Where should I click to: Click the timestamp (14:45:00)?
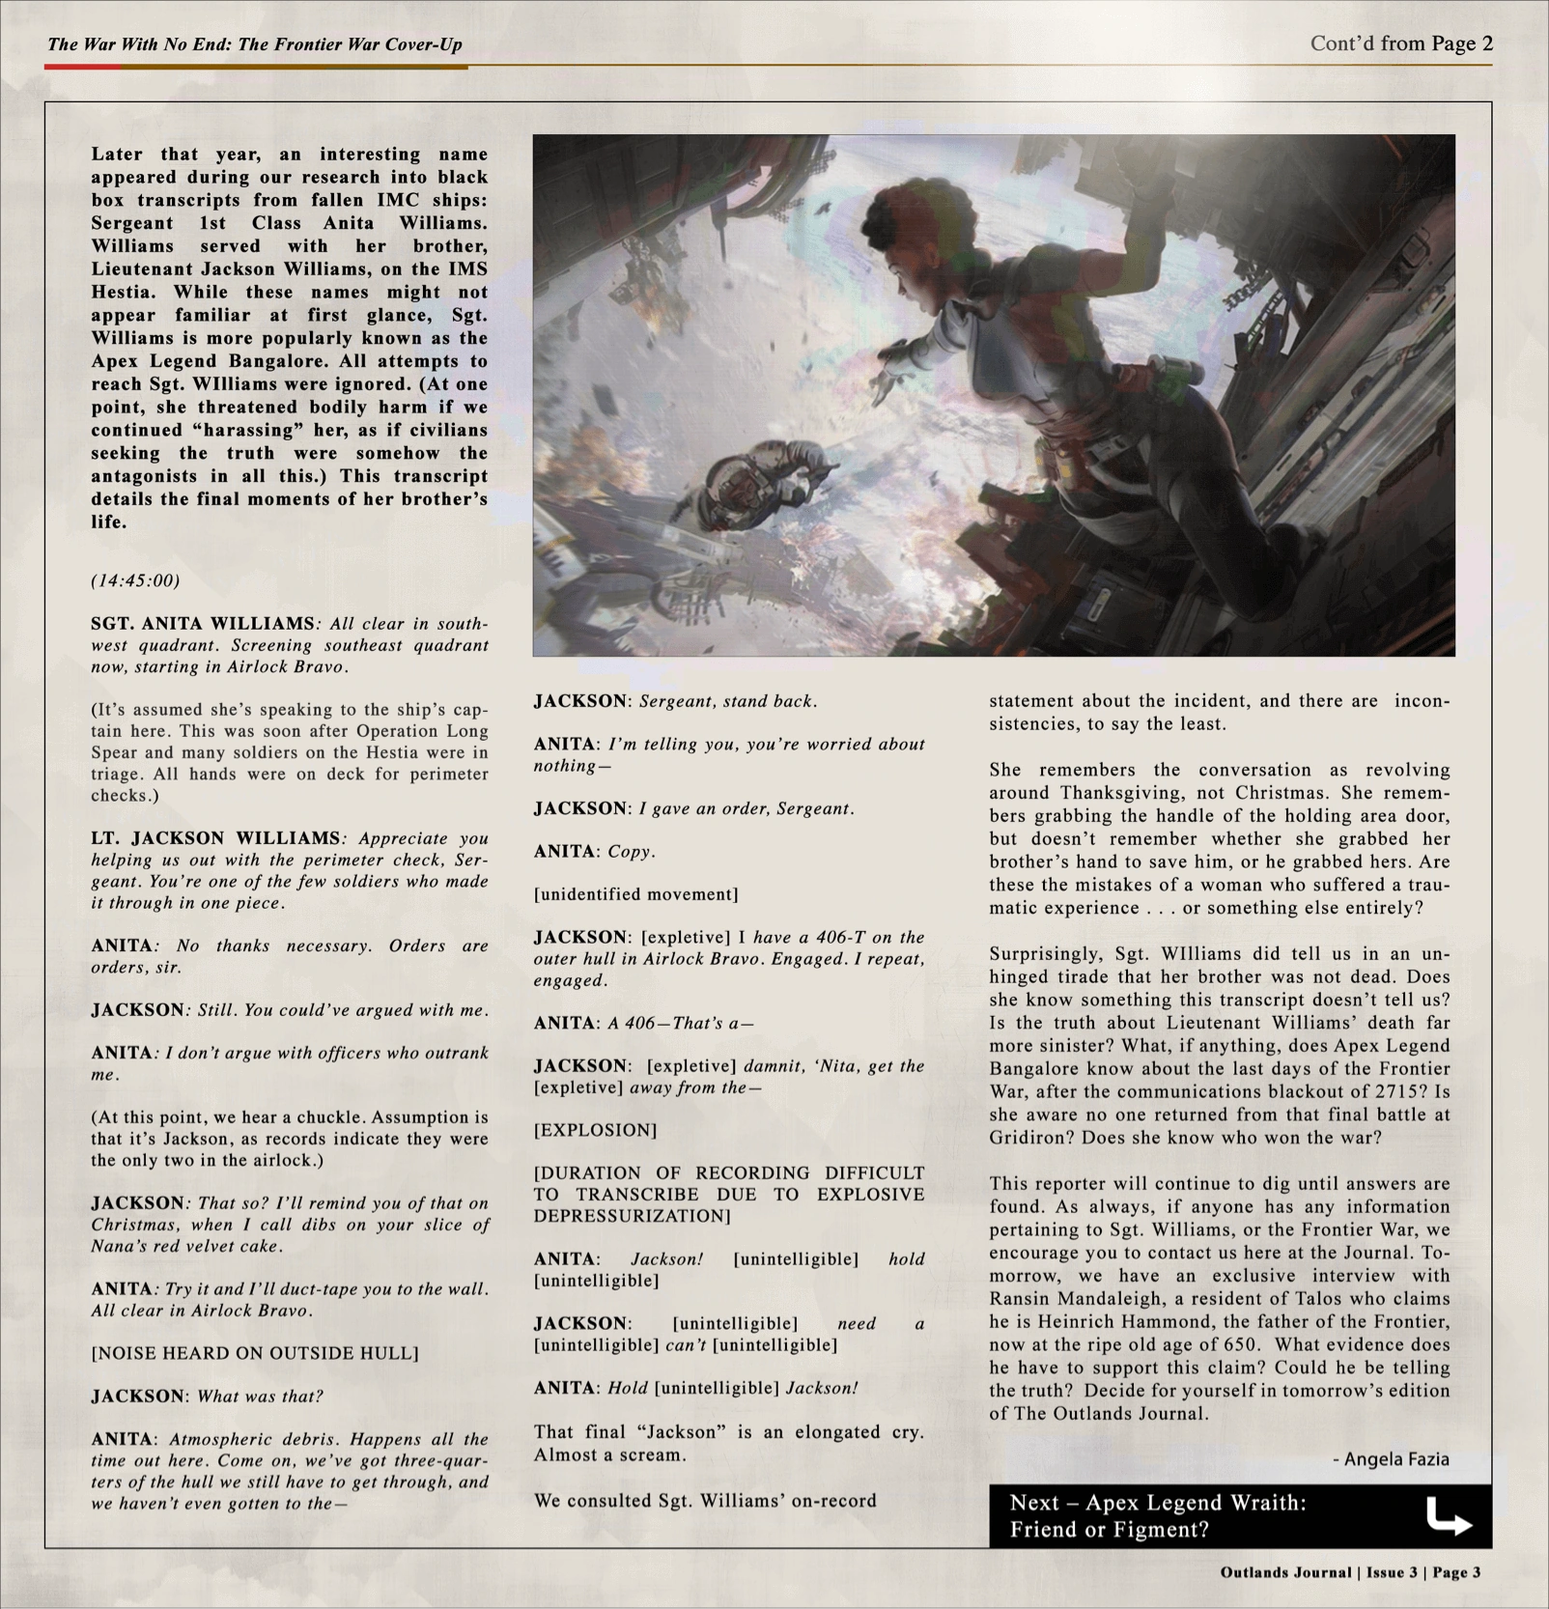(135, 580)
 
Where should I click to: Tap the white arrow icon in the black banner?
(1449, 1516)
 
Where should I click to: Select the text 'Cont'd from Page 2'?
(1401, 43)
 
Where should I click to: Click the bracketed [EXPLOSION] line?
(595, 1130)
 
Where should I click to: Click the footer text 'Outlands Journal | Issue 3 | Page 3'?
(1350, 1572)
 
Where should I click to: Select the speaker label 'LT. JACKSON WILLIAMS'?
(215, 838)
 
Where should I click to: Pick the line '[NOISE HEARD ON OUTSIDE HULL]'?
(255, 1353)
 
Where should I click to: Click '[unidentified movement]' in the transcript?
(635, 894)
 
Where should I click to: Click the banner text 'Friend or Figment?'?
(1109, 1530)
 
